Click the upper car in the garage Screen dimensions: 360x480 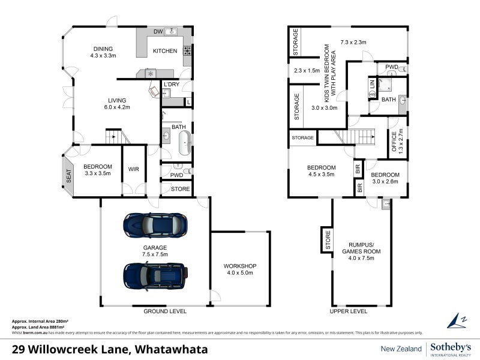tap(155, 225)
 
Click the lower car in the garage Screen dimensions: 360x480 tap(155, 276)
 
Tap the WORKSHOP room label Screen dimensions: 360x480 tap(240, 266)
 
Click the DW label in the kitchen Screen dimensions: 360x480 tap(158, 31)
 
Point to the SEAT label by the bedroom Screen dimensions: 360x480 tap(68, 175)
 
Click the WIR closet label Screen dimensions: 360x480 tap(133, 169)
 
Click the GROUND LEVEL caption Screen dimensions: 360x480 tap(165, 311)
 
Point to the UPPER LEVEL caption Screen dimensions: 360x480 tap(349, 311)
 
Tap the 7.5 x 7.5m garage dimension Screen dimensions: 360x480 tap(155, 254)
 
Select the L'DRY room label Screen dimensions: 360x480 tap(171, 84)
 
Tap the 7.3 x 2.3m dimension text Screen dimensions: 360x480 tap(353, 43)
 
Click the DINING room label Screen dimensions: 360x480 tap(103, 49)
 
